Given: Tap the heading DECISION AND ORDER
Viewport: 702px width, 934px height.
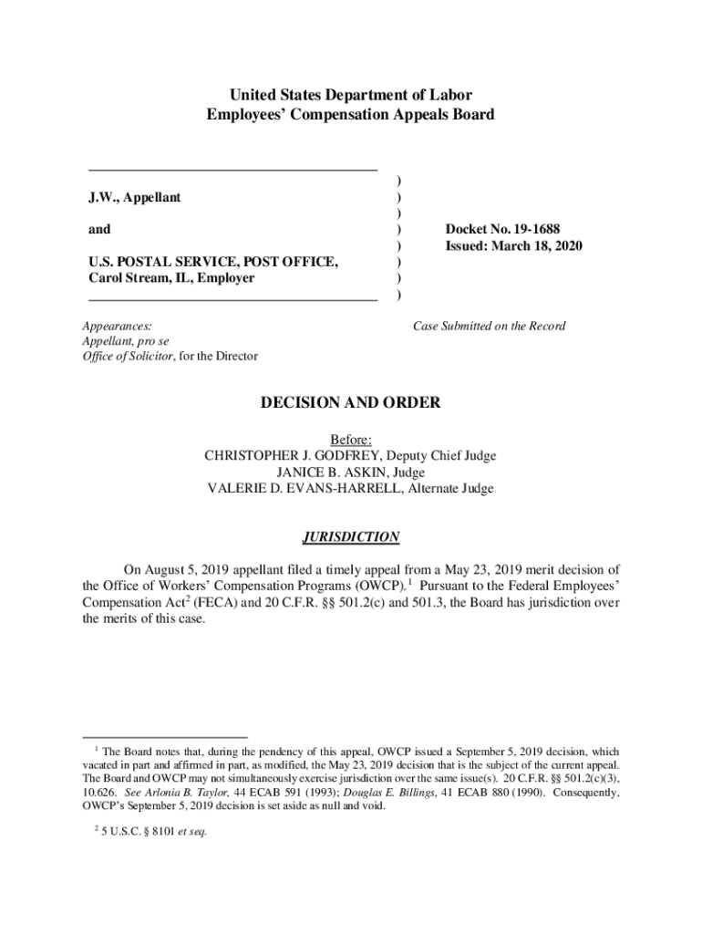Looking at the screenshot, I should click(351, 402).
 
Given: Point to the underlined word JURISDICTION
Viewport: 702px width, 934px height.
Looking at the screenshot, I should click(351, 537).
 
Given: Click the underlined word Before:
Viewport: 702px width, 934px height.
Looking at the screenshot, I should click(351, 440).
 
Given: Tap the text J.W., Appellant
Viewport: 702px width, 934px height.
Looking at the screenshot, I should click(134, 198).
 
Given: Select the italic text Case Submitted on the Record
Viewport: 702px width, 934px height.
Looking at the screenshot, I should click(489, 326).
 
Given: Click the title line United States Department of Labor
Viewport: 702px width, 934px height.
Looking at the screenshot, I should click(351, 95).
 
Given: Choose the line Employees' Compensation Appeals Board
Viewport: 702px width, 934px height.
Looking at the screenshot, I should click(351, 115).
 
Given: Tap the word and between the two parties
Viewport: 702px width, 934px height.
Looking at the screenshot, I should click(99, 231).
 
